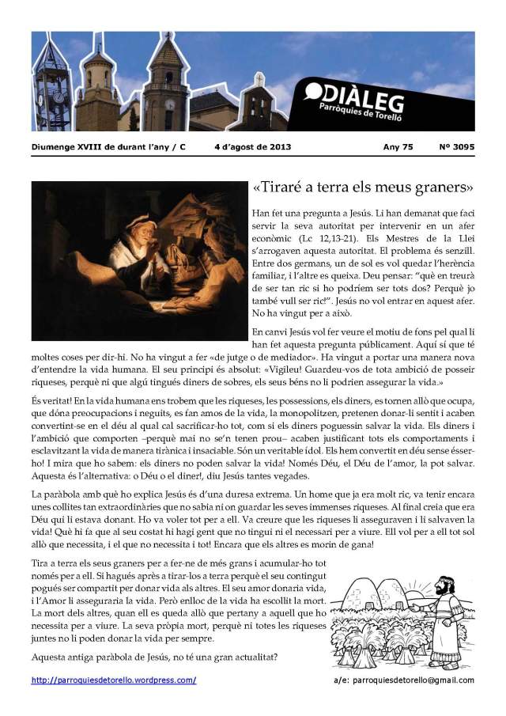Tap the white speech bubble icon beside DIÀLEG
coord(313,92)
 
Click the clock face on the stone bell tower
coord(169,104)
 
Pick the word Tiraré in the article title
coord(297,188)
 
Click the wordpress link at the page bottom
coord(114,680)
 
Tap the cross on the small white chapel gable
coord(259,79)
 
